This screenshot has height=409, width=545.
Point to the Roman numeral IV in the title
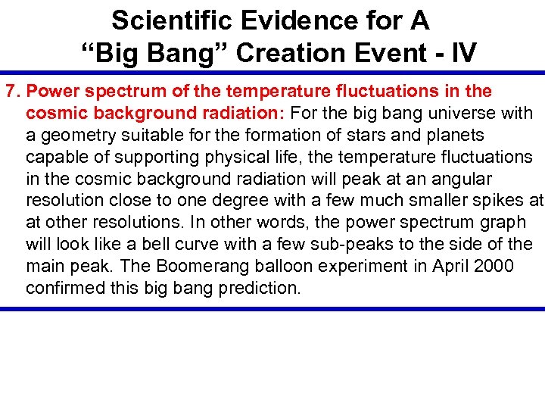461,52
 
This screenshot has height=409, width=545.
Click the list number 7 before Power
11,92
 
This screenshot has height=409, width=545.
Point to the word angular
459,180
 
